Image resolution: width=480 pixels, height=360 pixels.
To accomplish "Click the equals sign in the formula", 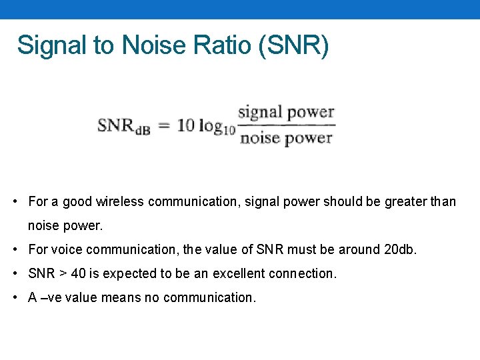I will (164, 125).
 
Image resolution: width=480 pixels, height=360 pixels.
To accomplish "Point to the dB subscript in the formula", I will (143, 130).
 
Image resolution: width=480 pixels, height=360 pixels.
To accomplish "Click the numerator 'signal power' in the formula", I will (286, 112).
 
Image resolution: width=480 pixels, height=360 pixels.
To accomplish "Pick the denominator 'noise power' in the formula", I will (286, 138).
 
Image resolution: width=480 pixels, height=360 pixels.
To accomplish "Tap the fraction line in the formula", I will (286, 125).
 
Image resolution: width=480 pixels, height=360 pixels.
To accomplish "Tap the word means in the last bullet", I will (118, 297).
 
